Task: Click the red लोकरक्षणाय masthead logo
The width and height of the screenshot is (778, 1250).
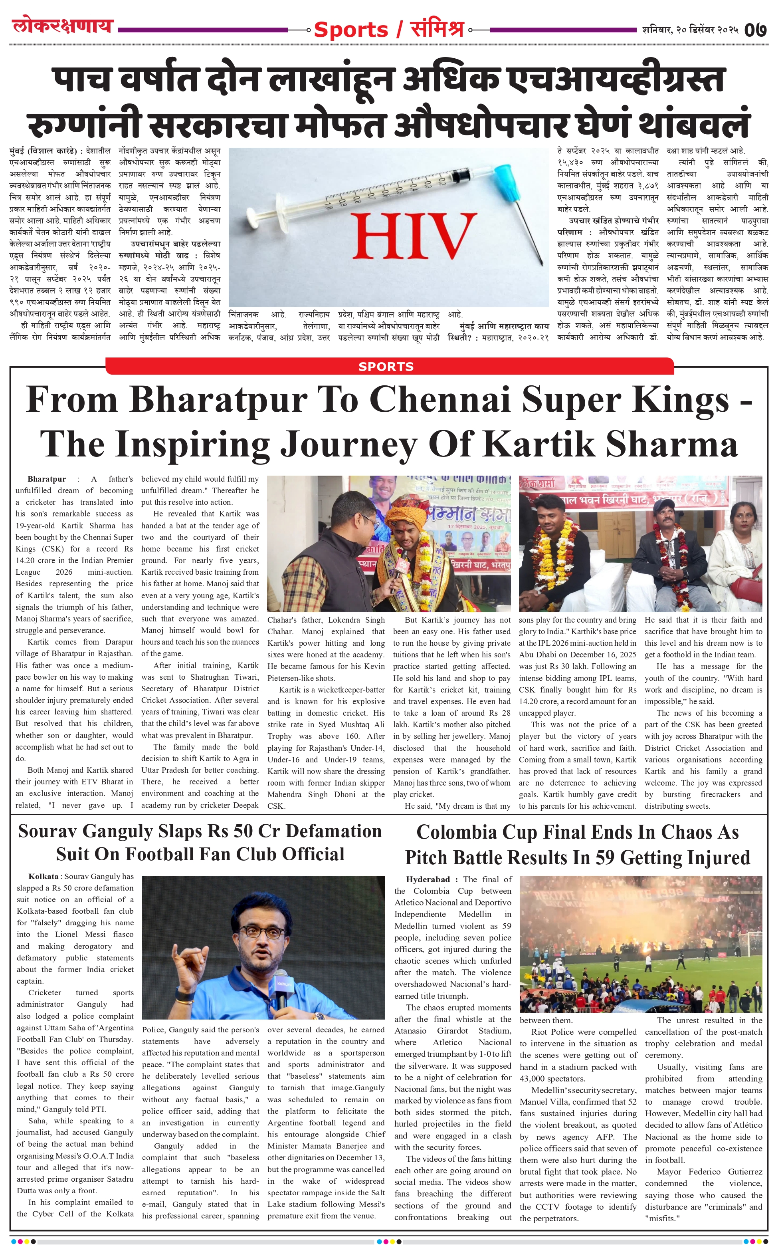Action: tap(62, 25)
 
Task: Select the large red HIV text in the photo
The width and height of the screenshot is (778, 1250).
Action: tap(414, 236)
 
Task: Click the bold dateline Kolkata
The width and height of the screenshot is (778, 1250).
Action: tap(43, 876)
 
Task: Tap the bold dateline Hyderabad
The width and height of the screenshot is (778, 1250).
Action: tap(428, 879)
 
